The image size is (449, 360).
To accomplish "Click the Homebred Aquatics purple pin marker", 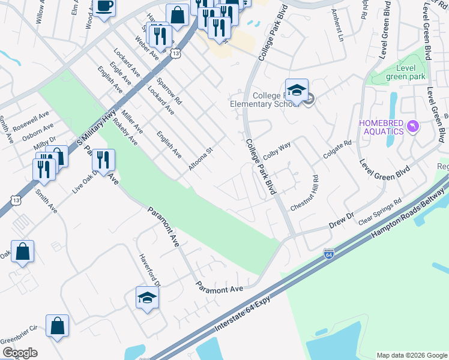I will coord(413,126).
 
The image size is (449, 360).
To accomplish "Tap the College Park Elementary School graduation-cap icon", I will coord(297,90).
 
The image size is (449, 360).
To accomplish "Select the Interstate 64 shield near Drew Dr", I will coord(328,254).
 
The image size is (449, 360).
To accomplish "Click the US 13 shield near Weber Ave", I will coord(175,54).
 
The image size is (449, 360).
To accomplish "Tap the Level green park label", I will coord(406,72).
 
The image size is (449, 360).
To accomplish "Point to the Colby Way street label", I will coord(277,149).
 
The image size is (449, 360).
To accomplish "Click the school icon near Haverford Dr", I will coord(147,298).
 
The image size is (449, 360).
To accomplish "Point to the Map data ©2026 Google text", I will coord(411,355).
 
